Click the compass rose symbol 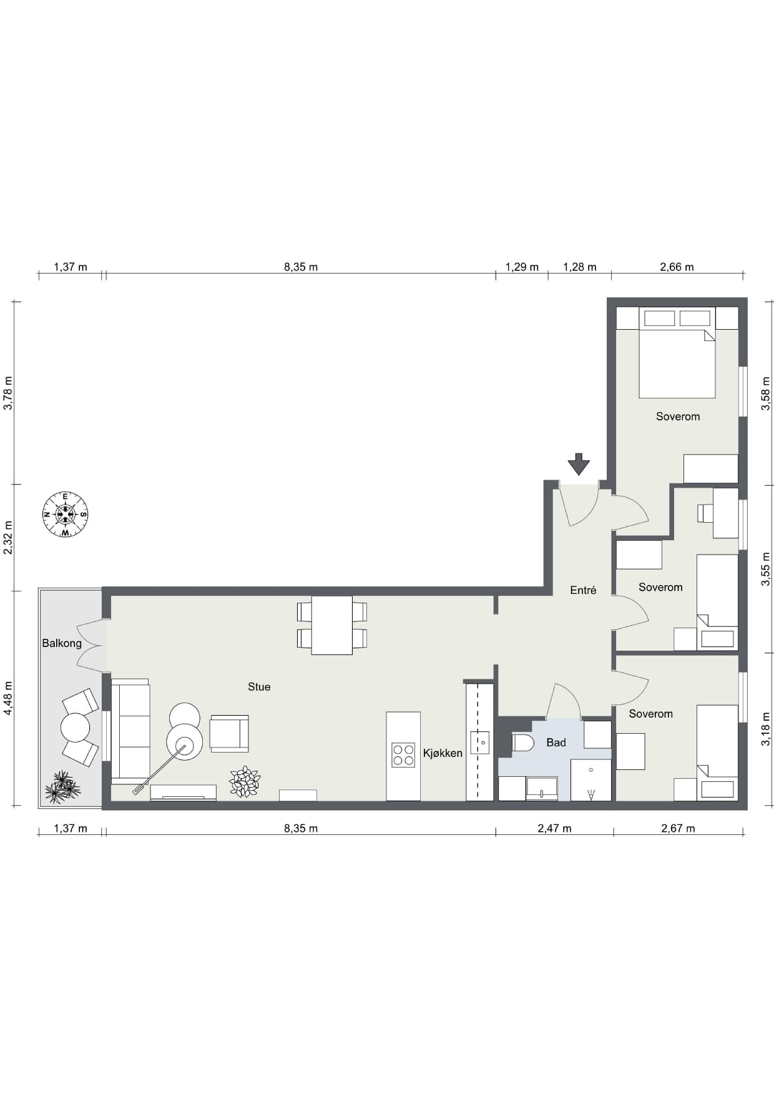pyautogui.click(x=66, y=515)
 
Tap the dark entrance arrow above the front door pyautogui.click(x=579, y=464)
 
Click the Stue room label pyautogui.click(x=259, y=687)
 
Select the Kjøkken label pyautogui.click(x=443, y=753)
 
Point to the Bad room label pyautogui.click(x=556, y=743)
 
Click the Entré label pyautogui.click(x=583, y=590)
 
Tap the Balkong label pyautogui.click(x=62, y=643)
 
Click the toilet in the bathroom pyautogui.click(x=522, y=743)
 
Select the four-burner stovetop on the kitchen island pyautogui.click(x=403, y=755)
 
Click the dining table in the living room pyautogui.click(x=332, y=625)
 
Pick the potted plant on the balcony pyautogui.click(x=62, y=787)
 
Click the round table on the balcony pyautogui.click(x=76, y=728)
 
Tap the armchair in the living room pyautogui.click(x=229, y=733)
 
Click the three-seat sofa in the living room pyautogui.click(x=130, y=731)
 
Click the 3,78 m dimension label pyautogui.click(x=8, y=393)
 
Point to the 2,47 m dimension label pyautogui.click(x=554, y=829)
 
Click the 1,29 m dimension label pyautogui.click(x=522, y=267)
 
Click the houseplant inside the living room pyautogui.click(x=245, y=782)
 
